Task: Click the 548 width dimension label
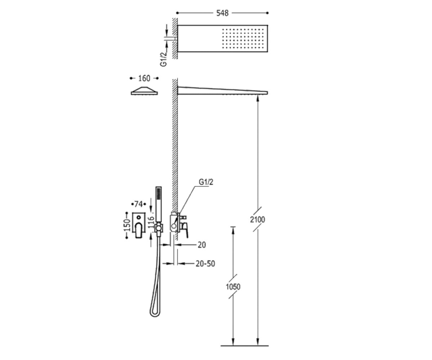pyautogui.click(x=222, y=13)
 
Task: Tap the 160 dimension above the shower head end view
pyautogui.click(x=144, y=78)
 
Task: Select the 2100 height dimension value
pyautogui.click(x=257, y=220)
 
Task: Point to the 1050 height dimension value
pyautogui.click(x=233, y=287)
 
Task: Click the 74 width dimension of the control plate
pyautogui.click(x=139, y=204)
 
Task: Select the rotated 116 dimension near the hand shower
pyautogui.click(x=152, y=222)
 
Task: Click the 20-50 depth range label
pyautogui.click(x=205, y=264)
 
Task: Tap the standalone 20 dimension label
pyautogui.click(x=202, y=245)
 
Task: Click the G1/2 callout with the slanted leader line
pyautogui.click(x=206, y=182)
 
